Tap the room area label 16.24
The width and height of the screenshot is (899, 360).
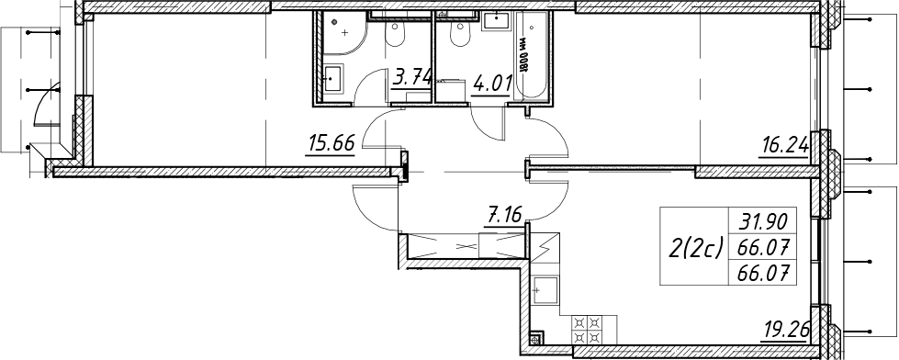pyautogui.click(x=784, y=147)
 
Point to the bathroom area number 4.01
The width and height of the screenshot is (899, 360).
pyautogui.click(x=490, y=84)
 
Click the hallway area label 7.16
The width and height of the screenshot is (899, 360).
pyautogui.click(x=503, y=218)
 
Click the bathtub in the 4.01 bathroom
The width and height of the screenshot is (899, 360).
pyautogui.click(x=533, y=57)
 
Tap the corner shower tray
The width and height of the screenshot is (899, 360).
pyautogui.click(x=342, y=33)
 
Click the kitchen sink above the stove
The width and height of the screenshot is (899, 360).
pyautogui.click(x=545, y=291)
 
